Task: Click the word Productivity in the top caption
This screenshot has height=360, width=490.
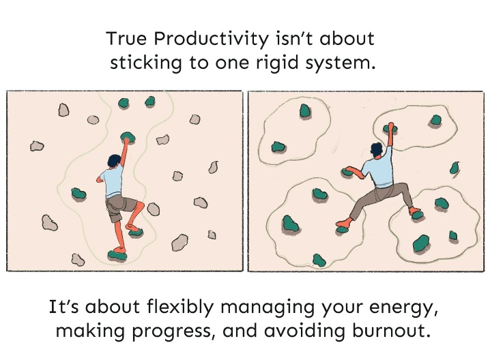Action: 211,39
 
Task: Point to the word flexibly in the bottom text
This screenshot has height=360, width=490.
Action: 180,307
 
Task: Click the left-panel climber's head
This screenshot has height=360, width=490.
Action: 114,161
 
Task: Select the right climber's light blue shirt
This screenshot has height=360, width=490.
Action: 379,168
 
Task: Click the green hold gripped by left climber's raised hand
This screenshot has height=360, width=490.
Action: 128,137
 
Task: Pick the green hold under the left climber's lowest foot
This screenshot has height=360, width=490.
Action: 117,256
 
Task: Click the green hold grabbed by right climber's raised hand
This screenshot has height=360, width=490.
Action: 390,128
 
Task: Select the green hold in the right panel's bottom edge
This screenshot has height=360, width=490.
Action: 319,260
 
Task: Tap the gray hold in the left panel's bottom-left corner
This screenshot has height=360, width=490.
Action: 78,260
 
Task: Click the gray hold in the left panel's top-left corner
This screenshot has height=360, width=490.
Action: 63,110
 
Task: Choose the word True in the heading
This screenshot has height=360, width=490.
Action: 126,39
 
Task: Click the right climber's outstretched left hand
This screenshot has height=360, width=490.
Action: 348,170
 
